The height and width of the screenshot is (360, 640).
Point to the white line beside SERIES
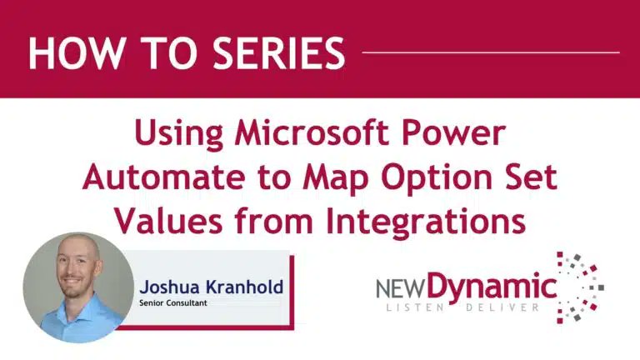[x=492, y=52]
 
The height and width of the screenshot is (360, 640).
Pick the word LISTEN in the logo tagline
[x=422, y=311]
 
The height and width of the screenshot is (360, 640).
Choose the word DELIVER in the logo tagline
[x=509, y=311]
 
